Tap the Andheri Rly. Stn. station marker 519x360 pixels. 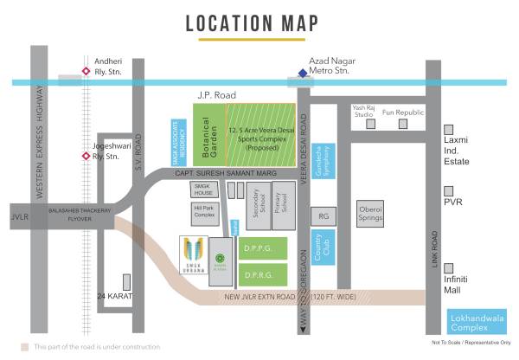pos(85,72)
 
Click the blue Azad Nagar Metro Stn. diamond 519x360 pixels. pos(302,74)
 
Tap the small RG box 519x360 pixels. pos(323,216)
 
